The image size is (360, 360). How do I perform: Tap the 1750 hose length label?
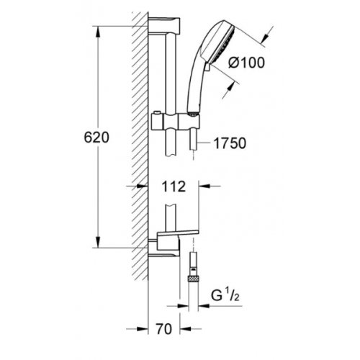tap(230, 143)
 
